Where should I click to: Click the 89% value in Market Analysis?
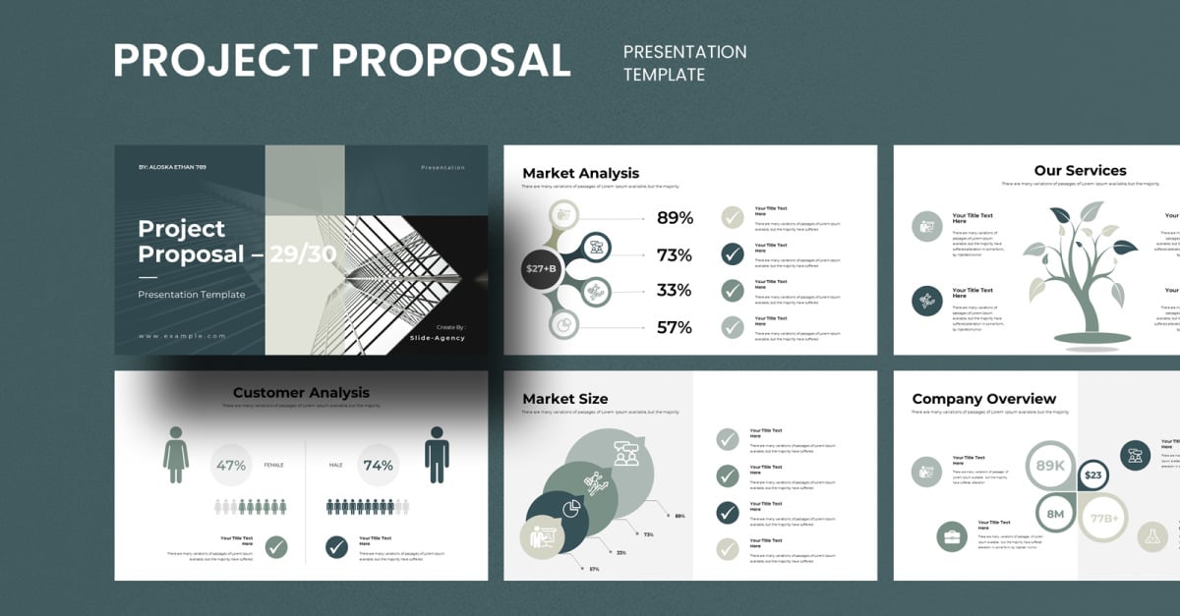tap(675, 218)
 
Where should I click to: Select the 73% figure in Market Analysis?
tap(675, 255)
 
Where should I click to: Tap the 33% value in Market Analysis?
tap(675, 291)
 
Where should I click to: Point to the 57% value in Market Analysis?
tap(675, 327)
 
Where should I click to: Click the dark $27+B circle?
tap(541, 268)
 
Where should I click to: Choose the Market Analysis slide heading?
tap(580, 173)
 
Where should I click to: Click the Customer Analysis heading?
tap(301, 393)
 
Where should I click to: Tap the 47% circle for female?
tap(231, 466)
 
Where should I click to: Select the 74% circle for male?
tap(379, 466)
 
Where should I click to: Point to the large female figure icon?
tap(177, 454)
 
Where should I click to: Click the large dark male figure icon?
tap(437, 454)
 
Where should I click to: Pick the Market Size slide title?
tap(565, 399)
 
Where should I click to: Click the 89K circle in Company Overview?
tap(1051, 466)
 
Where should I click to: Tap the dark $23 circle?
tap(1093, 476)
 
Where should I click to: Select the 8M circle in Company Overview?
tap(1056, 514)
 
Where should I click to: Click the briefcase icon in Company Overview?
tap(952, 536)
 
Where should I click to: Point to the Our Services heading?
tap(1080, 171)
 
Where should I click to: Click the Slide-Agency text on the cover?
tap(438, 338)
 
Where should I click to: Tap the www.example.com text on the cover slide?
tap(182, 336)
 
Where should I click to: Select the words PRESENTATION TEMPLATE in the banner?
tap(684, 63)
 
